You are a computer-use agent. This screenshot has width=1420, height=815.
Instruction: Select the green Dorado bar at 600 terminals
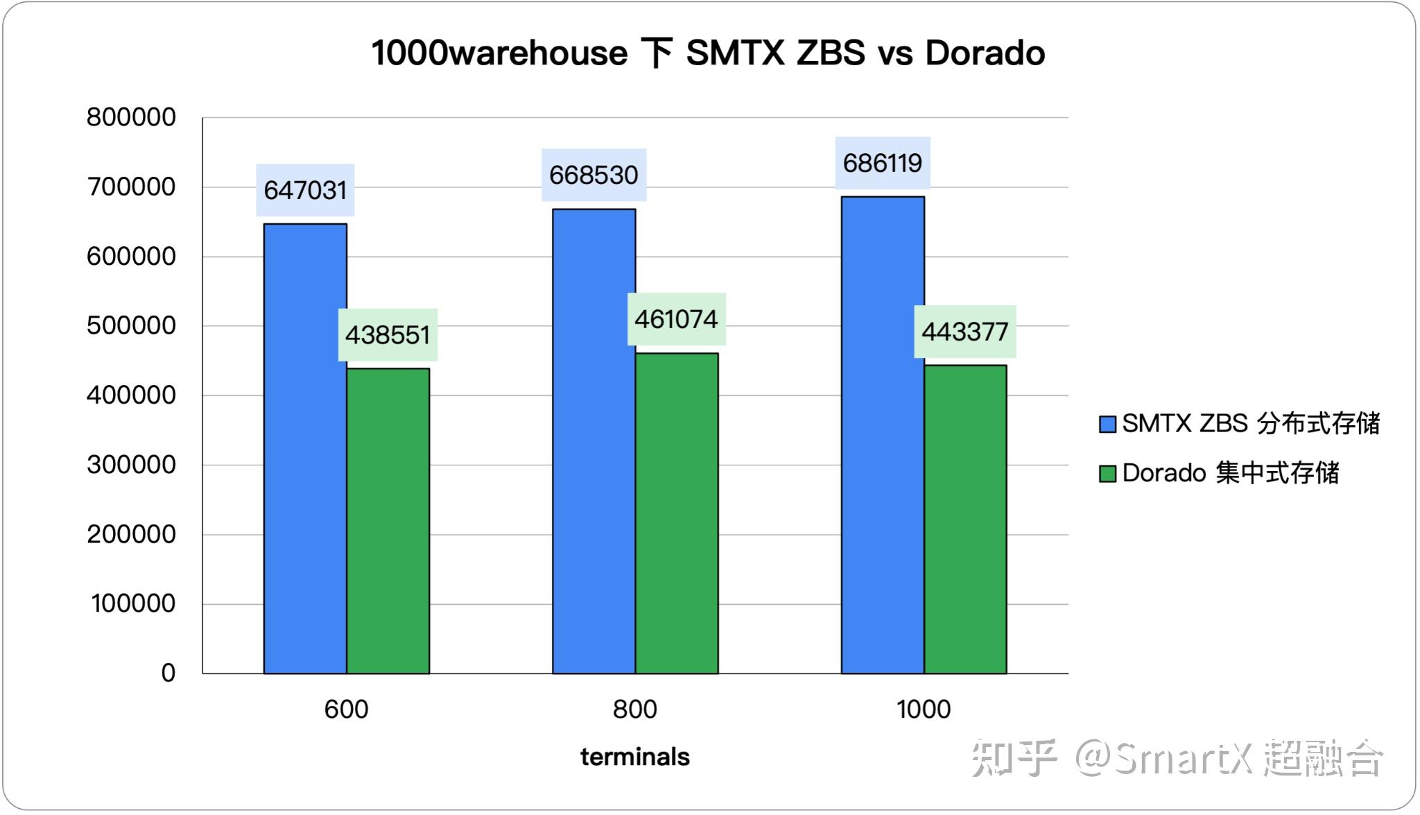coord(388,520)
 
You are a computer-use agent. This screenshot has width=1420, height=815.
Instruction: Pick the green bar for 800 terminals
coord(677,513)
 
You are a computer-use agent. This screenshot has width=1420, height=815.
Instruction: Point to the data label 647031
coord(305,190)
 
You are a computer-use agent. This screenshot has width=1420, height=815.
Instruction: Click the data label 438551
coord(388,335)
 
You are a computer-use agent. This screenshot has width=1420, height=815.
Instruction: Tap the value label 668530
coord(594,175)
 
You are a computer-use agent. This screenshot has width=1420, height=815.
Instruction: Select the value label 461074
coord(676,319)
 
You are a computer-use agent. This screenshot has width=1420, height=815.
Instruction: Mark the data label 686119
coord(882,163)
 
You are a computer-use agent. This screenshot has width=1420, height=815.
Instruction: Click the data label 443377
coord(964,332)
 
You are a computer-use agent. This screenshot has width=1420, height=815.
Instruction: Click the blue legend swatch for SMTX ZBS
coord(1107,424)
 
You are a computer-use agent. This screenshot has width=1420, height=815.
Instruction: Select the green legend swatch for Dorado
coord(1107,473)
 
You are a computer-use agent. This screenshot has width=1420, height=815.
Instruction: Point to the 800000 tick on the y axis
coord(131,117)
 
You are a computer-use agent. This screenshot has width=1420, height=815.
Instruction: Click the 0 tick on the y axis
coord(168,673)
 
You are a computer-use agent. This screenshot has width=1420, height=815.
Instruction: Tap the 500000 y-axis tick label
coord(131,325)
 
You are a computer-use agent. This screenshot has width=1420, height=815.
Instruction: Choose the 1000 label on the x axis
coord(923,710)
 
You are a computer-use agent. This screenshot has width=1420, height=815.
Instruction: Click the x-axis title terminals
coord(634,757)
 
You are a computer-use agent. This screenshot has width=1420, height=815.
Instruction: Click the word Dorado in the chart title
coord(985,53)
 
